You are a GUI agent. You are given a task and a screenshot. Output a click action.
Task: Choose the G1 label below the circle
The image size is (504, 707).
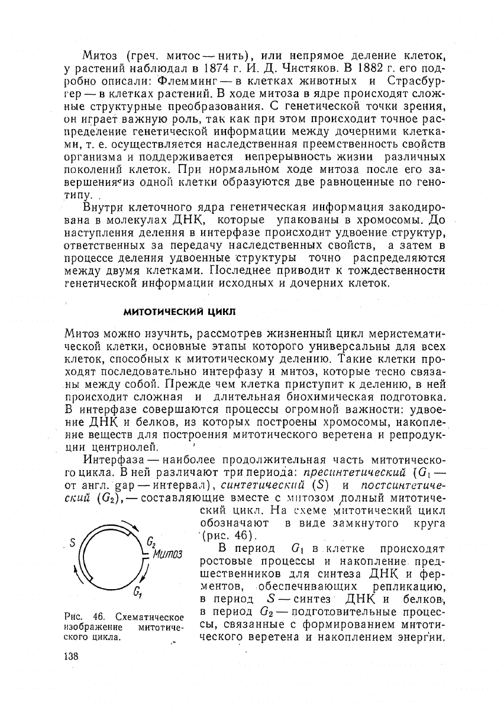click(137, 590)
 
